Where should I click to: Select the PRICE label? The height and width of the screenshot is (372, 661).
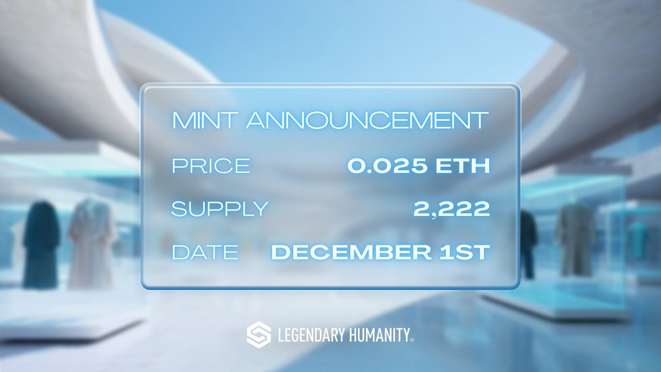(x=210, y=166)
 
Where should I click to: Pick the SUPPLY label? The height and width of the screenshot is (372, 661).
(x=220, y=209)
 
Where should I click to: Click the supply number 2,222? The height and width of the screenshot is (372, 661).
(x=452, y=209)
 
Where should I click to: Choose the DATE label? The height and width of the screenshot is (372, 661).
(x=205, y=252)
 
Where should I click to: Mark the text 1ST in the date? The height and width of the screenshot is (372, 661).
(x=467, y=252)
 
